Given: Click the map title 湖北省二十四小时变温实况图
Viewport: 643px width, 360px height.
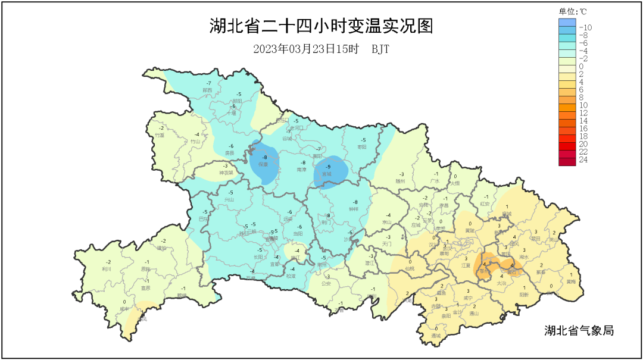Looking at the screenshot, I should pos(321,26).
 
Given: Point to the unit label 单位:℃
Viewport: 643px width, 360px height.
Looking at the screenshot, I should pos(572,11).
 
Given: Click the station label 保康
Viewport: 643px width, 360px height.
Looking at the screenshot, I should pos(263,164).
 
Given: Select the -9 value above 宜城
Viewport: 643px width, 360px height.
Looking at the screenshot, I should pos(327,167).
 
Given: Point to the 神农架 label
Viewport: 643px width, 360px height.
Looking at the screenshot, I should pos(226,173).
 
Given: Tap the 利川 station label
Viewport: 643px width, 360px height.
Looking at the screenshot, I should pos(107,268).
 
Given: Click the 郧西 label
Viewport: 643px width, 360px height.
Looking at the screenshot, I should pos(207,90).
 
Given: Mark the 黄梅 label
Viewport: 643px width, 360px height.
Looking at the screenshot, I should pos(571,281).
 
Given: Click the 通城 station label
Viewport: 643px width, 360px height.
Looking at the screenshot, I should pos(436,336).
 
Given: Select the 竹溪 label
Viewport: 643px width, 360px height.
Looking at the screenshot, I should pos(160,135).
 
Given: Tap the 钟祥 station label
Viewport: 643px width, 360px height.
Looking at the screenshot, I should pos(354,209).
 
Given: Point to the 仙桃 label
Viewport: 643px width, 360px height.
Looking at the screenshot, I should pos(409,268).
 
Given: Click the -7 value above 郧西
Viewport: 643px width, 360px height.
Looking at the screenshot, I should pos(208,83).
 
